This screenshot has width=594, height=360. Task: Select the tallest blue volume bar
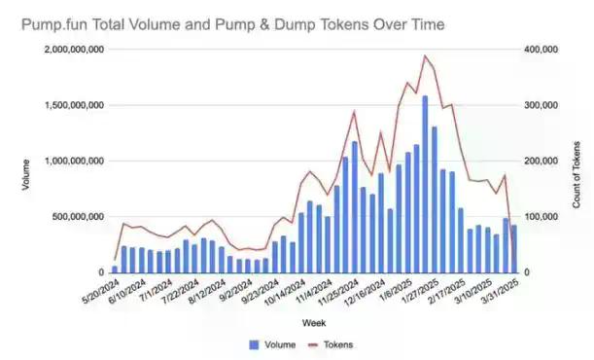425,185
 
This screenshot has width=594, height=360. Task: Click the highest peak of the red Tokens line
425,56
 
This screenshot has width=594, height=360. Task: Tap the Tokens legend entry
329,344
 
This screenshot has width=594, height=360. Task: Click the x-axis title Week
313,321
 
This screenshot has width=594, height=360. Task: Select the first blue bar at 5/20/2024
115,270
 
